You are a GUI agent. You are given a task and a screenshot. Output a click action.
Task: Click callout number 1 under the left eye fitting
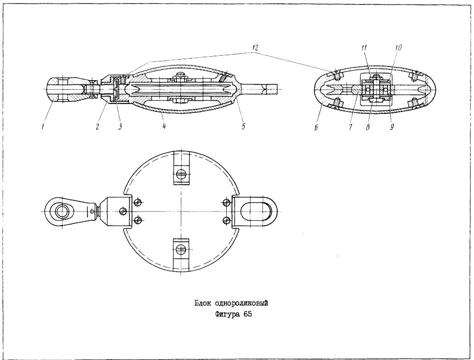(x=43, y=127)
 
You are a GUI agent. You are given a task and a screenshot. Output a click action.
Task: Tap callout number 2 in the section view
(x=97, y=127)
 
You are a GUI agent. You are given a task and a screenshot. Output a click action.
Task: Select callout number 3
(x=120, y=127)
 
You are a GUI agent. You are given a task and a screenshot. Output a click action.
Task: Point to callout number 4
(x=164, y=126)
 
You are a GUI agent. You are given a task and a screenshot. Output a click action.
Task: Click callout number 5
(x=243, y=127)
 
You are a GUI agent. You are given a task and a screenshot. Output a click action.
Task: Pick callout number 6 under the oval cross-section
(x=316, y=128)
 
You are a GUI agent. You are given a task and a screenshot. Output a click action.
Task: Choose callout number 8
(x=368, y=127)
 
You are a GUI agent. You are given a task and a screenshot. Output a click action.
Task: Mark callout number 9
(x=391, y=127)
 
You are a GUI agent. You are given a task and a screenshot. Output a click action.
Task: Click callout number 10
(x=398, y=48)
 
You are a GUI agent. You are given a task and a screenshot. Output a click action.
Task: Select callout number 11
(x=364, y=48)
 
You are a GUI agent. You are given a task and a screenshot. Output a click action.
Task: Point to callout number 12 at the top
(x=255, y=47)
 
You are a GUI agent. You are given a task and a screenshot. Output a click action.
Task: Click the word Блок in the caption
(x=202, y=303)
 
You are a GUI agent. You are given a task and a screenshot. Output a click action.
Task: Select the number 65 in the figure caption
(x=248, y=315)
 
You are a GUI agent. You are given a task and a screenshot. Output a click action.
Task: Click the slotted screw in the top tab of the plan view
(x=181, y=174)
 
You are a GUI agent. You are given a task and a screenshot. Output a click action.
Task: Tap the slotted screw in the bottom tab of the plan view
(x=181, y=249)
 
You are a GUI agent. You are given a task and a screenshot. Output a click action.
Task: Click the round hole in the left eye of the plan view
(x=63, y=211)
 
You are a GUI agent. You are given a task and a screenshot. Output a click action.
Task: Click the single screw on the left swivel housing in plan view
(x=123, y=211)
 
